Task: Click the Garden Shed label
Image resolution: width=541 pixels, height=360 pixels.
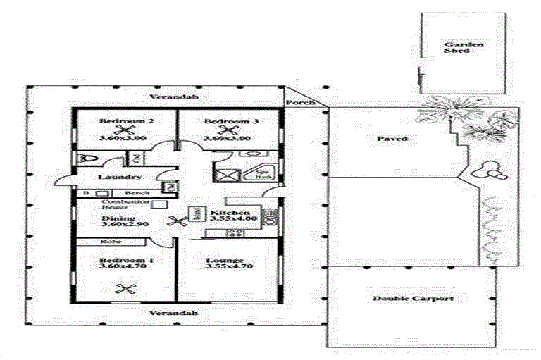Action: tap(454, 48)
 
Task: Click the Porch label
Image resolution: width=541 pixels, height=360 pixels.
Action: tap(295, 103)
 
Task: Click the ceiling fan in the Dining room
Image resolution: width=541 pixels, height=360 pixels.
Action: tap(176, 221)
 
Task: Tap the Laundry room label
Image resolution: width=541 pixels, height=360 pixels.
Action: tap(112, 178)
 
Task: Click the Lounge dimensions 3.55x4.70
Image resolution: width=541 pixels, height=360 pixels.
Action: tap(225, 268)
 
